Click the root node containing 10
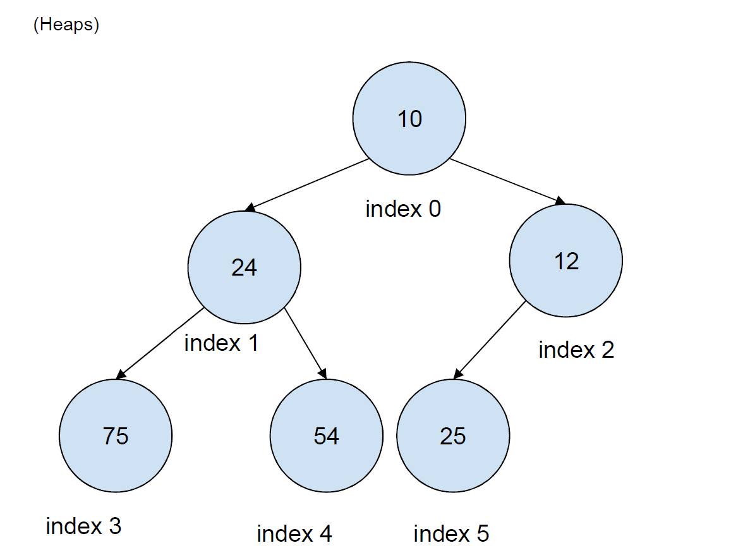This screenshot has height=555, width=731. (409, 119)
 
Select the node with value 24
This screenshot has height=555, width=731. (244, 267)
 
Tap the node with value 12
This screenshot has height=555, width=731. (565, 260)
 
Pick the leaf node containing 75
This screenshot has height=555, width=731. (115, 436)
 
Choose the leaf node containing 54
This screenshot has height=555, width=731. (326, 436)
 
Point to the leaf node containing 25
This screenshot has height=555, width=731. (452, 436)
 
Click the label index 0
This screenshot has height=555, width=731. (403, 209)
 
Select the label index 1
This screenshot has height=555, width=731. (221, 343)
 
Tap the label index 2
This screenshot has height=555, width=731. (576, 350)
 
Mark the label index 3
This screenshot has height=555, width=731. (83, 526)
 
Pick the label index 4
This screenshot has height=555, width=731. (294, 534)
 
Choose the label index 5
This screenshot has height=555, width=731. (450, 534)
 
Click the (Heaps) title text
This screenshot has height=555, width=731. (66, 25)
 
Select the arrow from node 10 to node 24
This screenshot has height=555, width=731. (307, 185)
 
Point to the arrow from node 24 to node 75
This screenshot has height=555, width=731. (160, 344)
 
